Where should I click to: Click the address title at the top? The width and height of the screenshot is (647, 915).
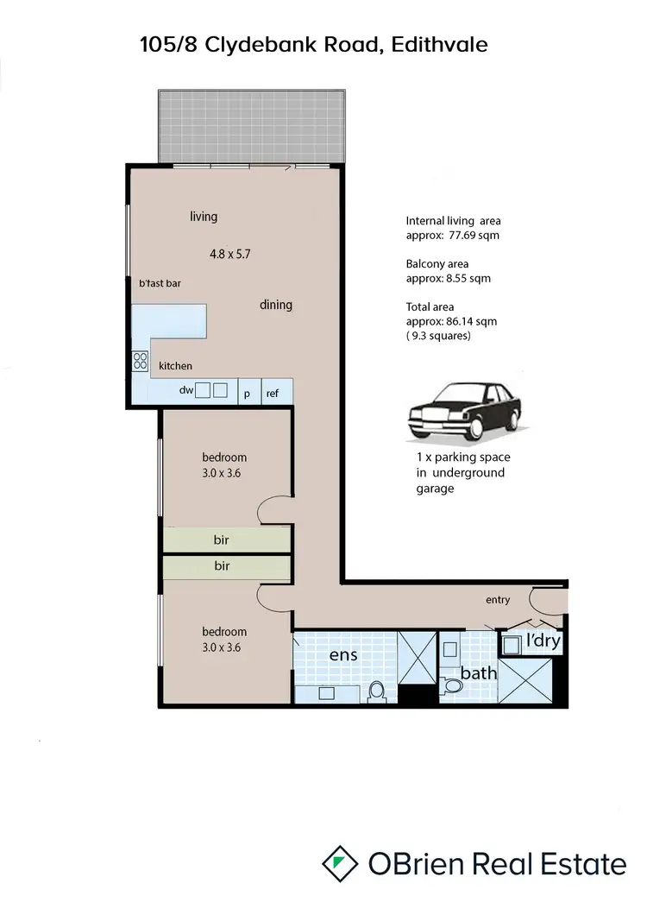(313, 45)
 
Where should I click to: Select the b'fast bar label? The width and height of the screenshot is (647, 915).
(160, 283)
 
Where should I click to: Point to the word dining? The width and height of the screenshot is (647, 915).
(275, 305)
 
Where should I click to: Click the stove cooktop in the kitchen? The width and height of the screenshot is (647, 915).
(139, 362)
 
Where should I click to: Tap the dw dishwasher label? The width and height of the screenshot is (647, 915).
(185, 390)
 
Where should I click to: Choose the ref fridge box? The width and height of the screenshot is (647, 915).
(273, 393)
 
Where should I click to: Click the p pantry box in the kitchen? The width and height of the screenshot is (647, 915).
(247, 393)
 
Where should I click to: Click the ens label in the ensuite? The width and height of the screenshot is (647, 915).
(343, 655)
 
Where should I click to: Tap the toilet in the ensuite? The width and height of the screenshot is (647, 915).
(375, 690)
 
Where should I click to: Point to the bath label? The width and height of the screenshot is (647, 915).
(477, 672)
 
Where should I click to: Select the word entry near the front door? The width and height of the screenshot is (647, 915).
(498, 600)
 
